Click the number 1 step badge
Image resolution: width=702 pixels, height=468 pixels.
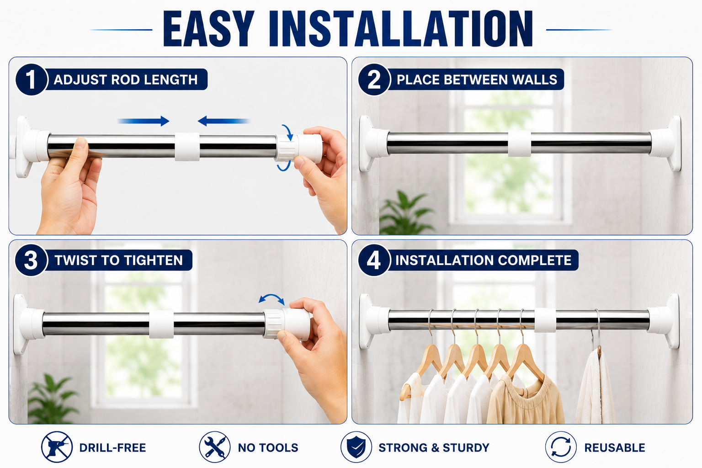tap(32, 80)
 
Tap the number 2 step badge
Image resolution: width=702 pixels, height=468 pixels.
tap(374, 80)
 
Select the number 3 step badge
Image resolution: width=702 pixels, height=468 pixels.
tap(32, 260)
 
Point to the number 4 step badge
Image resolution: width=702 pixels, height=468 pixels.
tap(374, 260)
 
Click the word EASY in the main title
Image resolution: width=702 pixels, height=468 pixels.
tap(209, 29)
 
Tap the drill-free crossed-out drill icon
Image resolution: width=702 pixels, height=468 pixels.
tap(57, 447)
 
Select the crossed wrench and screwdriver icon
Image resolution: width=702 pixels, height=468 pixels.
tap(215, 447)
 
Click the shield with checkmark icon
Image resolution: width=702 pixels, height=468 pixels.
tap(356, 447)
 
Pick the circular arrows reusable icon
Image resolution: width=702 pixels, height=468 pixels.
tap(561, 447)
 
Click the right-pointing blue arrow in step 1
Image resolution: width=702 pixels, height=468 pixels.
tap(143, 121)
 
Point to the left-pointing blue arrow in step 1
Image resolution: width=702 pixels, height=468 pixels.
tap(223, 121)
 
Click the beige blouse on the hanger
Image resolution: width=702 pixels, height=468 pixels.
tap(525, 399)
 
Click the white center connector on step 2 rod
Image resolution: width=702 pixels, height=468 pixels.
tap(519, 144)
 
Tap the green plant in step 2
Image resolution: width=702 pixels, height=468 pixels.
tap(405, 213)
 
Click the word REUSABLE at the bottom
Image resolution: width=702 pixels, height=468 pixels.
tap(615, 447)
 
